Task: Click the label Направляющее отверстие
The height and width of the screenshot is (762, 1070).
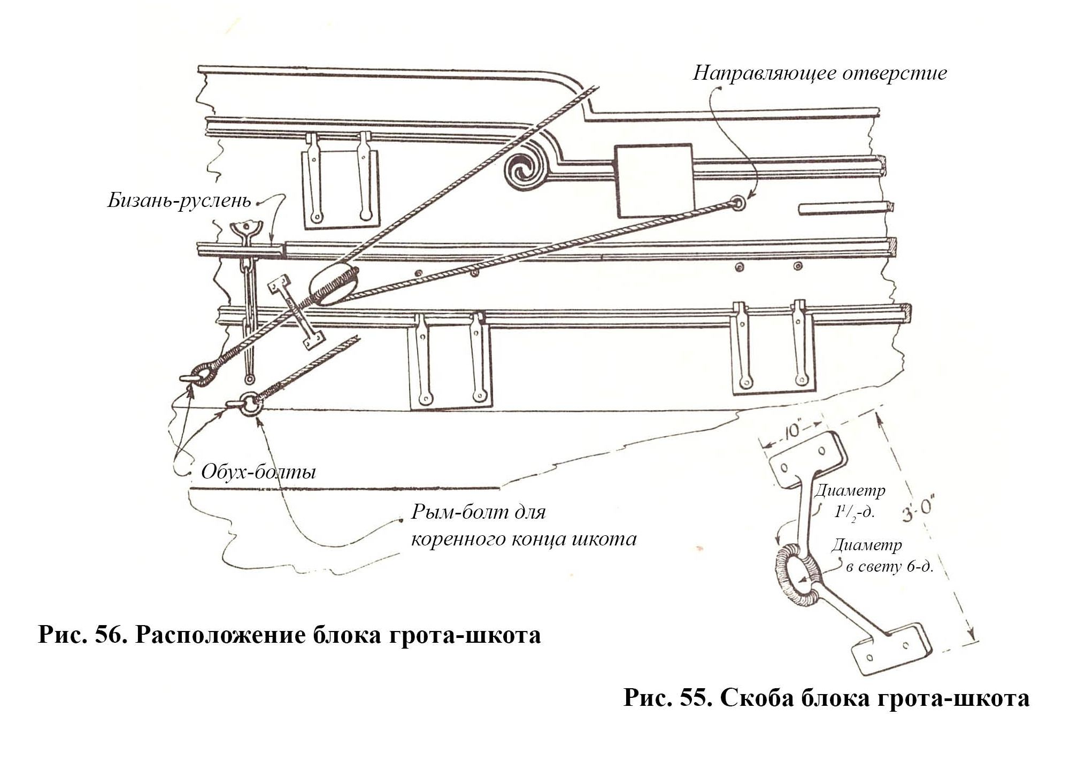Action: [x=819, y=73]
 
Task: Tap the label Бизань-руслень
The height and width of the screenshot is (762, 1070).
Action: [x=179, y=201]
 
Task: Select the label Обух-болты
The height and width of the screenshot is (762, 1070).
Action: [x=258, y=472]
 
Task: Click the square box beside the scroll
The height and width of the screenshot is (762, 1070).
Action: [x=654, y=180]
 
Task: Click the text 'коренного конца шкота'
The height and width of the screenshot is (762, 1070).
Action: [x=524, y=538]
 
